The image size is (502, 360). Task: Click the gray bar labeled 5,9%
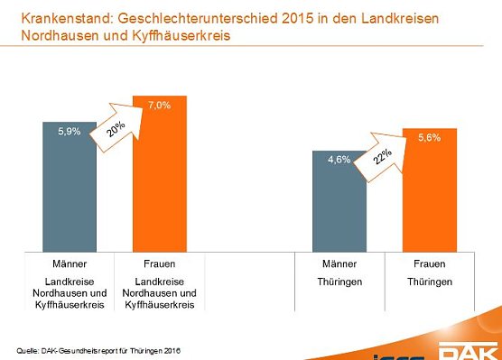69,189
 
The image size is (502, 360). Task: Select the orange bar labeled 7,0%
159,180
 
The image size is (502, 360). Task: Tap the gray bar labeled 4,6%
339,208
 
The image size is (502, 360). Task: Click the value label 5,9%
70,132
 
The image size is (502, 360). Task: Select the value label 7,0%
160,105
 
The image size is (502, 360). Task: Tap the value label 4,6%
339,160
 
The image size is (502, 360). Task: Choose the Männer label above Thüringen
339,264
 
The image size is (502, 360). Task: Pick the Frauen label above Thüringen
430,264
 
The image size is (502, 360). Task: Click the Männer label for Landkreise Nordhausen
69,264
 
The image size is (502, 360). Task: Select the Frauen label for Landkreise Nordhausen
159,264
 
